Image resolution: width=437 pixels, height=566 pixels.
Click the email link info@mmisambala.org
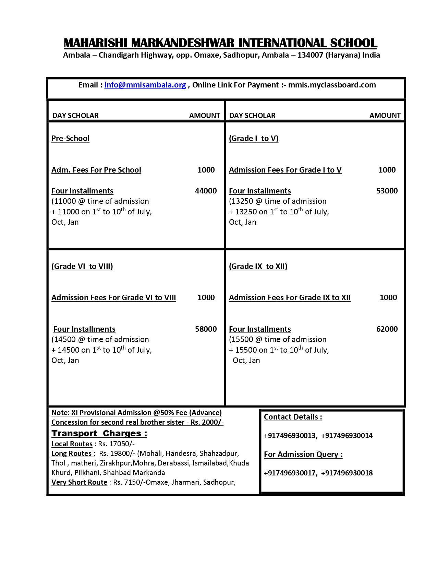tap(145, 85)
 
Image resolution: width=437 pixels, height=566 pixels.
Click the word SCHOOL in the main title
tap(353, 43)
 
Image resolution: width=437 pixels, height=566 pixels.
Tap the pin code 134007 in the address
tap(310, 55)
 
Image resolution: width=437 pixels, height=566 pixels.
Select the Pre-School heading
tap(70, 138)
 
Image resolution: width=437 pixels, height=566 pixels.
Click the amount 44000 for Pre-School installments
tap(206, 191)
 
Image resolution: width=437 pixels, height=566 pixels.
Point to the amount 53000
tap(387, 191)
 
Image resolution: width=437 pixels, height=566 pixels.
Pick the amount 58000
tap(206, 329)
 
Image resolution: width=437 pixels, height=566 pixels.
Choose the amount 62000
tap(387, 329)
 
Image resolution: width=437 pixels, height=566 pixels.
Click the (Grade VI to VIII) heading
tap(82, 266)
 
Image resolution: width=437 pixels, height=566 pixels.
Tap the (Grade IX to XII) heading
tap(258, 266)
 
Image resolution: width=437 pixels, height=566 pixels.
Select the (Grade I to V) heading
tap(254, 138)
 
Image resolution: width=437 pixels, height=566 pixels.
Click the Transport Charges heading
tap(99, 434)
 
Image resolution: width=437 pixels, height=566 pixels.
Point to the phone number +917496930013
tap(290, 436)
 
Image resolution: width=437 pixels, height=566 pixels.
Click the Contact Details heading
tap(293, 417)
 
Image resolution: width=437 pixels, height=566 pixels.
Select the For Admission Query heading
tap(303, 455)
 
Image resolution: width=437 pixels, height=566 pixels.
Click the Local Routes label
tap(72, 444)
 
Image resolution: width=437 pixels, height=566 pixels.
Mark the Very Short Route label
tap(79, 482)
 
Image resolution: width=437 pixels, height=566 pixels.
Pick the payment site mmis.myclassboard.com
tap(332, 85)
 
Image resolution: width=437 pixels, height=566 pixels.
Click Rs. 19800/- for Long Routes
tap(117, 453)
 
